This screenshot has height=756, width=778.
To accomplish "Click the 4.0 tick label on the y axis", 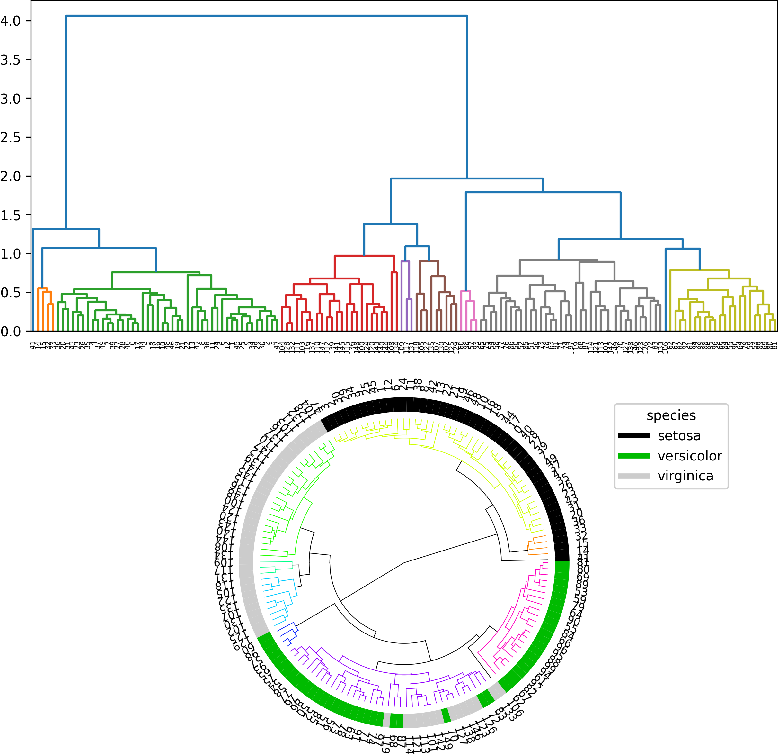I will click(x=10, y=21).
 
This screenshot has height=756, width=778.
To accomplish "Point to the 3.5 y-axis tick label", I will click(x=10, y=60).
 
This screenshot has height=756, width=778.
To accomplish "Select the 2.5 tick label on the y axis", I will click(x=10, y=137).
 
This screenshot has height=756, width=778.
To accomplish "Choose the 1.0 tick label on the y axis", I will click(x=10, y=254).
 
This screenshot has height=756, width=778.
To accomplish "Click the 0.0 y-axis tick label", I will click(x=10, y=331).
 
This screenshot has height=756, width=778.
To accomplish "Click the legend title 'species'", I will click(x=671, y=415).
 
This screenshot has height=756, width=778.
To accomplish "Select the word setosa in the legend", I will click(x=679, y=436).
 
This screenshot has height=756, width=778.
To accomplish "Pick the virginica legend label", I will click(x=685, y=476).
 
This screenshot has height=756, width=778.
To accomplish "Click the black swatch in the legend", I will click(x=633, y=436).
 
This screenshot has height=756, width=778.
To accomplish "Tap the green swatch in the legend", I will click(x=633, y=456).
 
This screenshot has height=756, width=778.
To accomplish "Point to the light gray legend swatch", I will click(x=633, y=476).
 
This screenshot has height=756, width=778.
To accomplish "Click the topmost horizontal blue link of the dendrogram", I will click(x=266, y=16).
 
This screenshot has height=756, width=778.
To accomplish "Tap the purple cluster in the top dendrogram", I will click(x=405, y=261).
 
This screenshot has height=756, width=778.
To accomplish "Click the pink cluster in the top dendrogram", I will click(x=465, y=291).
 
